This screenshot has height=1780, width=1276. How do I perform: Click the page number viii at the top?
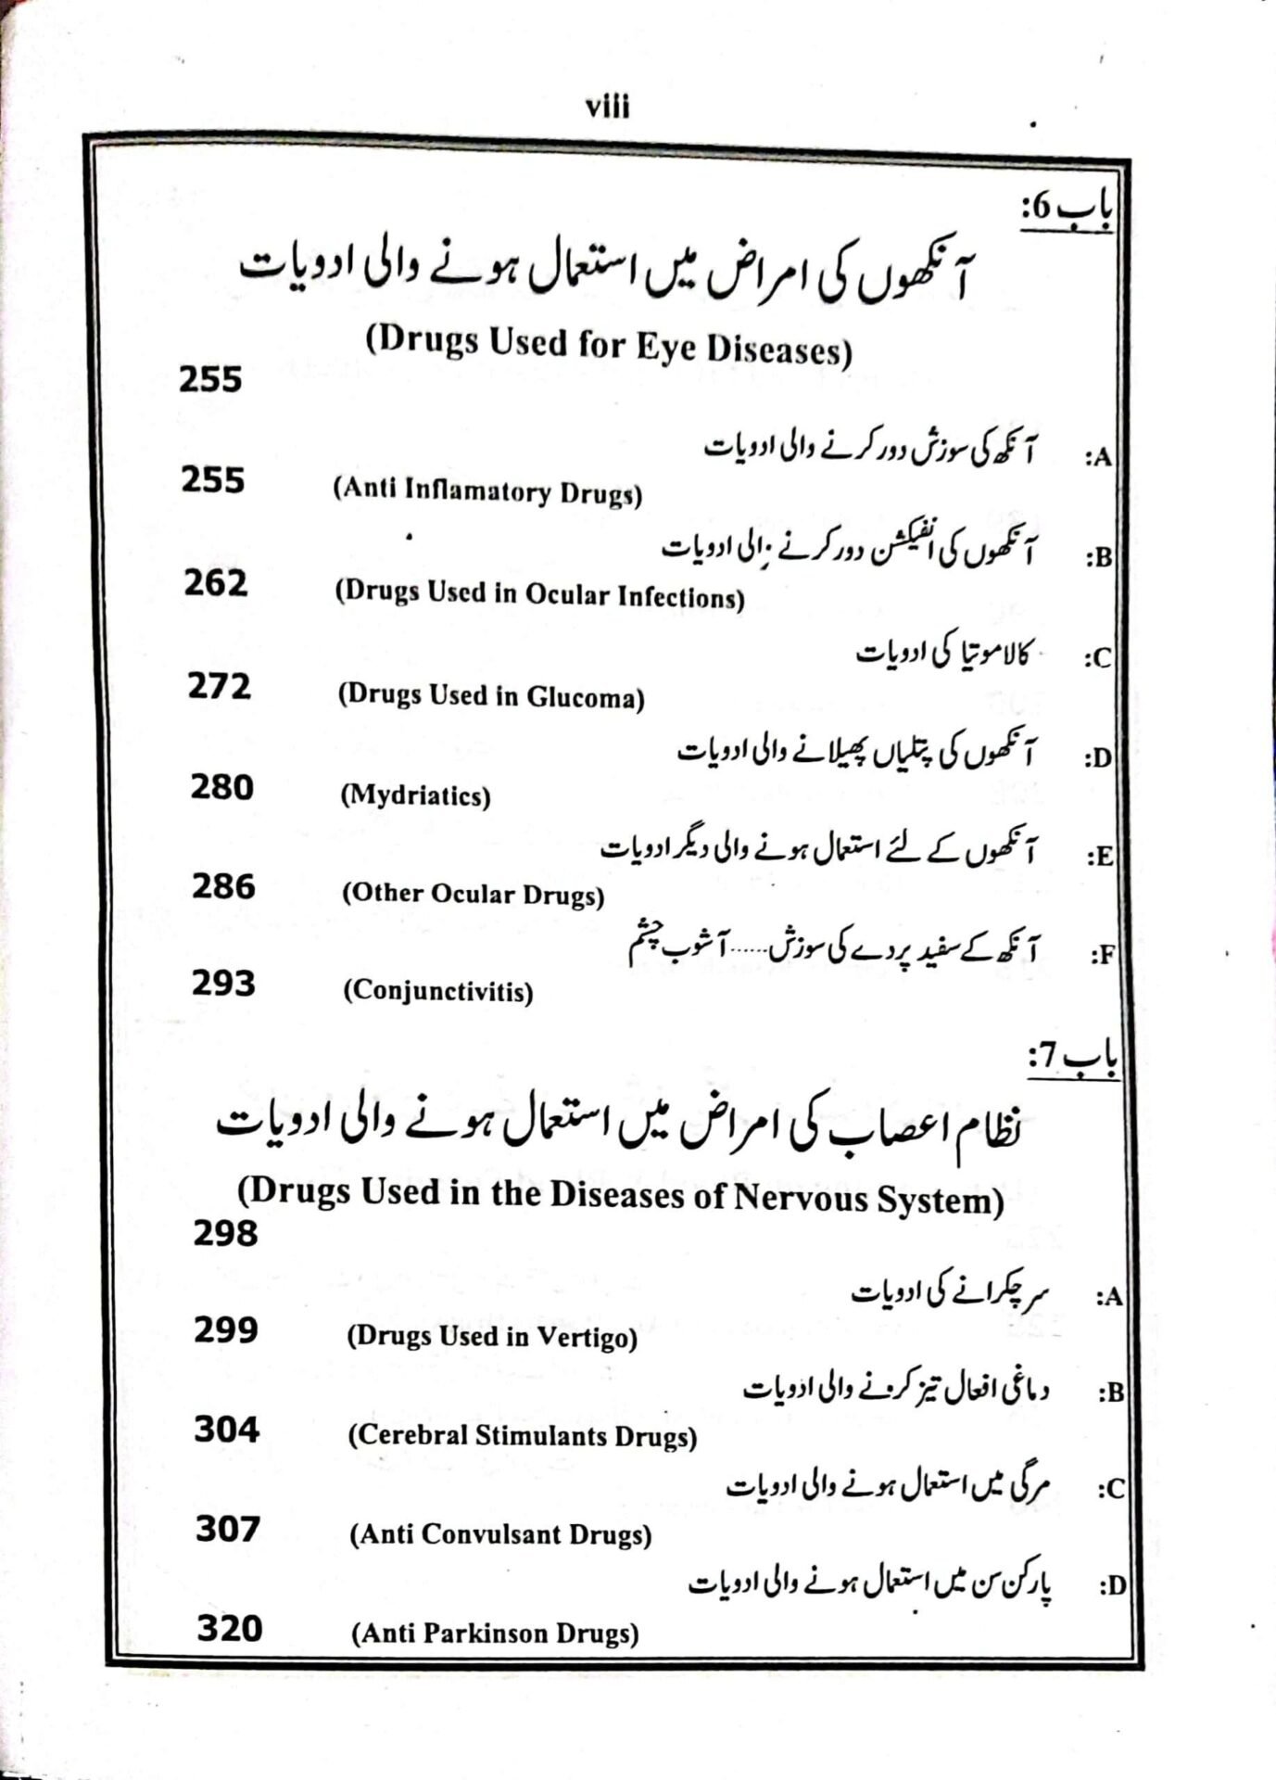tap(608, 108)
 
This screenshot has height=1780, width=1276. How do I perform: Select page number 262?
tap(215, 583)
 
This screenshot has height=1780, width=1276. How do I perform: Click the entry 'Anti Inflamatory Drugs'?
tap(487, 491)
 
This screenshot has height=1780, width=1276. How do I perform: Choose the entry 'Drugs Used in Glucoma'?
tap(490, 695)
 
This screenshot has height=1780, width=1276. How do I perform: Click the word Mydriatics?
tap(415, 795)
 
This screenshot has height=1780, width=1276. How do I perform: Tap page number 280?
tap(221, 787)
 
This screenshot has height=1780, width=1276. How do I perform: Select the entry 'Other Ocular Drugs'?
tap(473, 894)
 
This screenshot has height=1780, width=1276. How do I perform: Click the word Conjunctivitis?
tap(438, 992)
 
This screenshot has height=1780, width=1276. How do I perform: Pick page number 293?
tap(223, 984)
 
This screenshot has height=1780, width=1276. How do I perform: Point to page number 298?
tap(225, 1234)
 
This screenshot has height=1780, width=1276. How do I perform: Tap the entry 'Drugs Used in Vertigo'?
tap(492, 1337)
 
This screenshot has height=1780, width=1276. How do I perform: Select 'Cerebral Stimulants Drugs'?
tap(523, 1436)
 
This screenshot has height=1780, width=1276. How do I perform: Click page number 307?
tap(228, 1529)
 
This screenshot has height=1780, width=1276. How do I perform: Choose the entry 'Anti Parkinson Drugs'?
tap(495, 1634)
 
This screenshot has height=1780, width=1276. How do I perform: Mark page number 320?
tap(229, 1629)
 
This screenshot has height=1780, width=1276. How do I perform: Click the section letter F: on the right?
tap(1101, 956)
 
